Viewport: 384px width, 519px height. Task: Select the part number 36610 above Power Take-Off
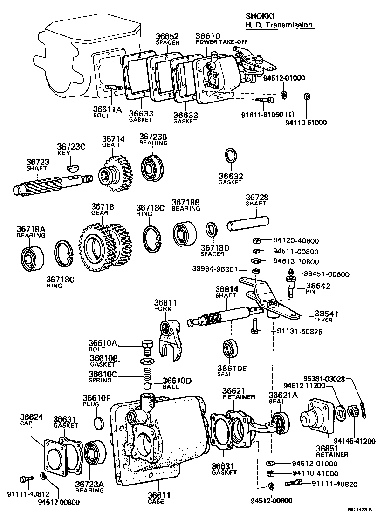click(x=207, y=35)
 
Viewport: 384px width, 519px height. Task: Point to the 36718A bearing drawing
click(x=32, y=256)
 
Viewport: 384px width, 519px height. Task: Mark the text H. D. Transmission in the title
click(x=279, y=25)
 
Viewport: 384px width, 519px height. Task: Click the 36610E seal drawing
click(x=230, y=350)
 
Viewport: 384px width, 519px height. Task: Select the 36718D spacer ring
click(x=213, y=230)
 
